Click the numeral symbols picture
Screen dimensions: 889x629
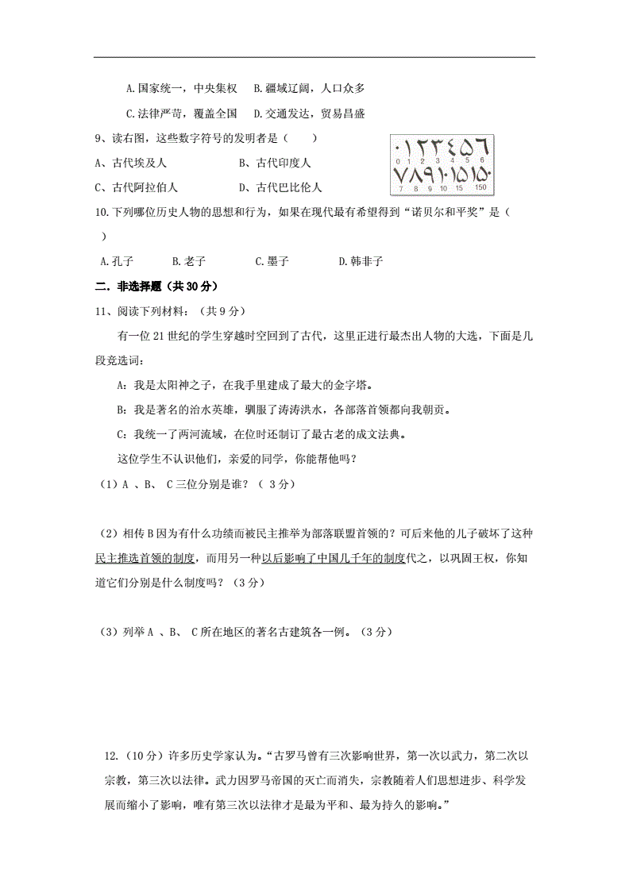pyautogui.click(x=442, y=164)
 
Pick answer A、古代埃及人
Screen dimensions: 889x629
pyautogui.click(x=130, y=163)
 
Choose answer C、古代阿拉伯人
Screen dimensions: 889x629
pyautogui.click(x=136, y=187)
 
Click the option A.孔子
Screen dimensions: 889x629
pyautogui.click(x=117, y=260)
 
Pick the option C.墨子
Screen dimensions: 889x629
pyautogui.click(x=272, y=260)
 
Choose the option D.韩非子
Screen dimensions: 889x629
pyautogui.click(x=361, y=260)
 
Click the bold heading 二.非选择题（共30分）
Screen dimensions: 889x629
pyautogui.click(x=156, y=286)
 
